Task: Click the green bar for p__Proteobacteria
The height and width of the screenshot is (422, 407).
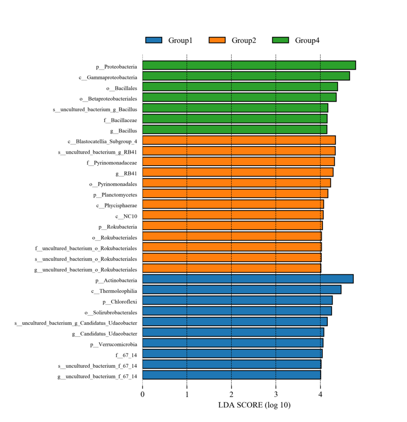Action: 249,65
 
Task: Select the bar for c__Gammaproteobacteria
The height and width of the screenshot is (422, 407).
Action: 246,76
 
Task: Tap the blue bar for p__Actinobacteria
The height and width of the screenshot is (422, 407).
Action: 247,279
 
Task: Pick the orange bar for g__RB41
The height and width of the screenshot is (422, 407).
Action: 238,172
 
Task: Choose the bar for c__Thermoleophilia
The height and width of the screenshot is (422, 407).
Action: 241,289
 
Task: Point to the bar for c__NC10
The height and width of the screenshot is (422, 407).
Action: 233,215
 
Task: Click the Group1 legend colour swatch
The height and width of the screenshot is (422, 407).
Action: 154,40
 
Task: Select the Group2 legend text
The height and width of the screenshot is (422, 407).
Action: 244,40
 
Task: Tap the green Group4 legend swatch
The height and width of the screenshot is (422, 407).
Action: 281,40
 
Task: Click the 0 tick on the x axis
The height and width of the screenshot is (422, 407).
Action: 143,394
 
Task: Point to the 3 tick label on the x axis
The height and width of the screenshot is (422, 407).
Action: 276,394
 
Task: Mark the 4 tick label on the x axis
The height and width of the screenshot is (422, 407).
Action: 320,394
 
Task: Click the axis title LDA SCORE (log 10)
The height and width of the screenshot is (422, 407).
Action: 254,405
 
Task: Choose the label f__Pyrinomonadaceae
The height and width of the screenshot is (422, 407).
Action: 111,162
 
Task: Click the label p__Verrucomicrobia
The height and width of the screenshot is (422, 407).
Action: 113,344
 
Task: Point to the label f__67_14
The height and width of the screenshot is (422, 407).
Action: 126,355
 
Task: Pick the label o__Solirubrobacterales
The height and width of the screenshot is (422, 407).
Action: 111,312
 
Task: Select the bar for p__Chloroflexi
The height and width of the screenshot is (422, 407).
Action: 237,300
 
